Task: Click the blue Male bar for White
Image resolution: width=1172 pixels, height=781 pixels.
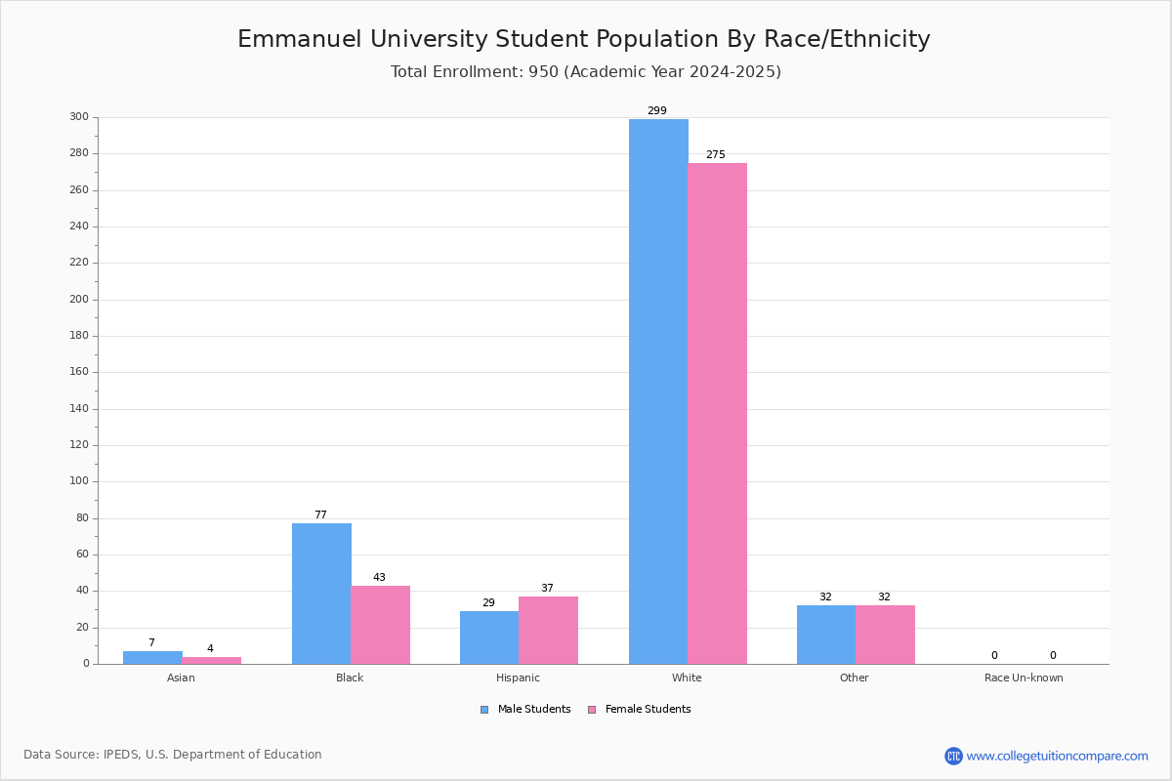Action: (x=658, y=390)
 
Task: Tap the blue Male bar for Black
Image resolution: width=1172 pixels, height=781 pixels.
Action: (x=321, y=594)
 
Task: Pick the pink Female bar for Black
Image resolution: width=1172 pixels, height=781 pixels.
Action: (x=380, y=625)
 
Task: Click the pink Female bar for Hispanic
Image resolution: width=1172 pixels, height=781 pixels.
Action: (x=548, y=630)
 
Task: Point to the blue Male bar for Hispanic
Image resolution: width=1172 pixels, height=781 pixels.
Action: (x=489, y=637)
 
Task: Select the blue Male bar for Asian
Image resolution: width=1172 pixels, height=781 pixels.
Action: (x=152, y=657)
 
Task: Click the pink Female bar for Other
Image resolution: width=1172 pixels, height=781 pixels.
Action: (x=885, y=635)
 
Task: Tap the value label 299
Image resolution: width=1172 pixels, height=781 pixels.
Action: (x=656, y=111)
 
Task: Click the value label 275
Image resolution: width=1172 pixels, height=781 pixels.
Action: (x=715, y=155)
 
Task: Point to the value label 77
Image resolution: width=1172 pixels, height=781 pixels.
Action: (x=320, y=515)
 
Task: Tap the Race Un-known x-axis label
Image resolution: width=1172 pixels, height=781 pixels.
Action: (x=1024, y=678)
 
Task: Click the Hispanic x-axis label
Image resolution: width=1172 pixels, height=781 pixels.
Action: (x=518, y=678)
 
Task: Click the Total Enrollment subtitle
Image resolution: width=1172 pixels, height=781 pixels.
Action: (x=586, y=72)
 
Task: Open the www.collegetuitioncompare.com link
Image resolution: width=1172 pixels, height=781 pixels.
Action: (x=1057, y=756)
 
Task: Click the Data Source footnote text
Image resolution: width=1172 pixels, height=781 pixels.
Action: (x=173, y=755)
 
